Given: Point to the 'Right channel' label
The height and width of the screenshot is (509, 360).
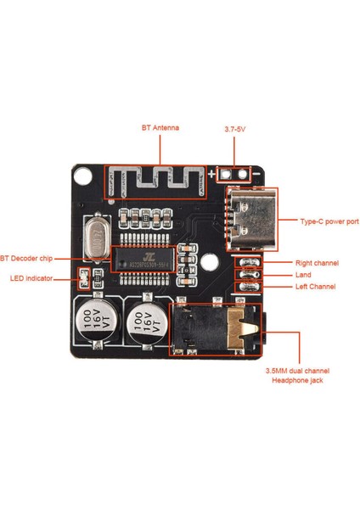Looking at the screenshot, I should pos(317,263).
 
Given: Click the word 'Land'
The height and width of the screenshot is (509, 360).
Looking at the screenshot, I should pos(303,275).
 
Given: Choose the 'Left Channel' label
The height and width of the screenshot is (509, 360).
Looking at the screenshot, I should pos(315,287).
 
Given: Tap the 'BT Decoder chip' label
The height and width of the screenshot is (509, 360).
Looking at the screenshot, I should pos(27,257).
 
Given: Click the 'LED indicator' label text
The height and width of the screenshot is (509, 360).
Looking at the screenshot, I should pos(31,278).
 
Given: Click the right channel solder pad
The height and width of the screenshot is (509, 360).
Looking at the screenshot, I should pos(247,263).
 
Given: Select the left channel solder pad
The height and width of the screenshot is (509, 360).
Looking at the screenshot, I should pos(247,287).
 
